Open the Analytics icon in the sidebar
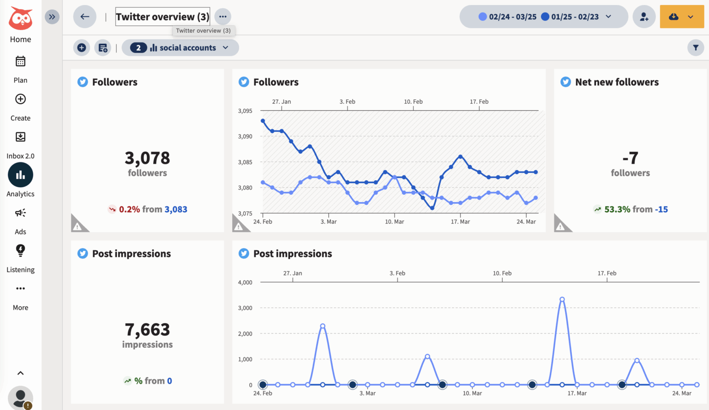tap(20, 175)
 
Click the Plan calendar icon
tap(20, 61)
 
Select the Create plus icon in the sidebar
tap(20, 99)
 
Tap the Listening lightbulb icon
tap(20, 250)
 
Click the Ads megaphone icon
tap(20, 213)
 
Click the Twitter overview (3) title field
tap(162, 17)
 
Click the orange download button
tap(682, 17)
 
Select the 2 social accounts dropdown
tap(180, 48)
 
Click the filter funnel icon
tap(696, 48)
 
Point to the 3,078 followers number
tap(147, 158)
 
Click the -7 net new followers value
tap(630, 158)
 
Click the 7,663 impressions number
tap(147, 330)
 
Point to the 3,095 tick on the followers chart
tap(245, 111)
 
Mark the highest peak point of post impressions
tap(562, 300)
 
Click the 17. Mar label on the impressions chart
tap(577, 393)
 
